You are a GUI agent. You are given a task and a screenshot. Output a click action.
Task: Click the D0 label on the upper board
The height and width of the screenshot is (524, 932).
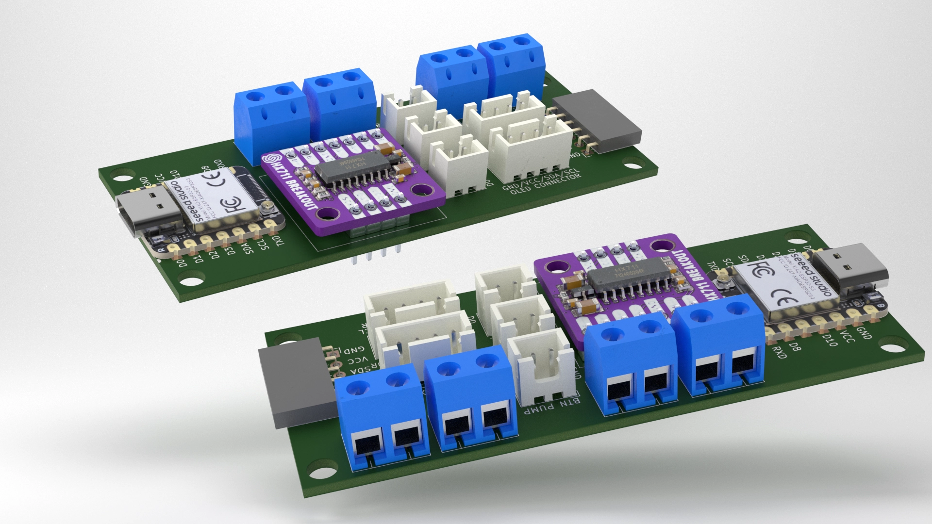[x=182, y=263]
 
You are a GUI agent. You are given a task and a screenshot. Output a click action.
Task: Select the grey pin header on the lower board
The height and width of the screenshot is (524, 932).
[x=294, y=383]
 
